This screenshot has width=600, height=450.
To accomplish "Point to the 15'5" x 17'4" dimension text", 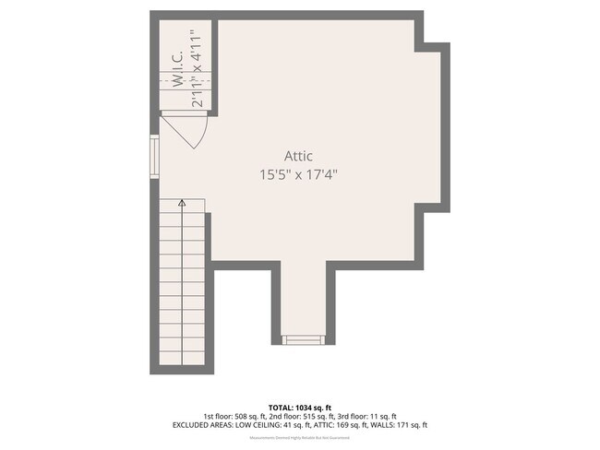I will click(299, 173).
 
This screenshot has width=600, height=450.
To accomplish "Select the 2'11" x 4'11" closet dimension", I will click(196, 69).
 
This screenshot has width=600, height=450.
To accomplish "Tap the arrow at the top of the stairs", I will click(182, 202).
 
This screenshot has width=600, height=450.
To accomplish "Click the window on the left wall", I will click(155, 156).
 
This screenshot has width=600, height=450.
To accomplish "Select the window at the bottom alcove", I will click(301, 339).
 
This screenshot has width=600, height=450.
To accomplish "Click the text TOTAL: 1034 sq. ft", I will click(300, 407).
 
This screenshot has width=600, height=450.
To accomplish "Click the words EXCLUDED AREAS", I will click(201, 425).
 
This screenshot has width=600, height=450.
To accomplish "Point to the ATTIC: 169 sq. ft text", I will click(337, 425).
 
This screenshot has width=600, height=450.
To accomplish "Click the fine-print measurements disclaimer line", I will click(300, 437).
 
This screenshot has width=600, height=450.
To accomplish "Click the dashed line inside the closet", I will click(185, 81).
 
